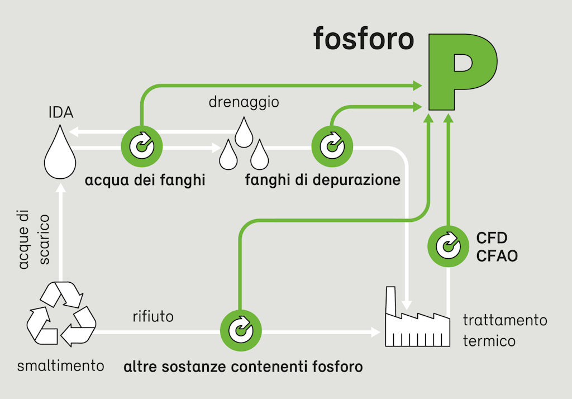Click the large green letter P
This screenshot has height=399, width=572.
(461, 70)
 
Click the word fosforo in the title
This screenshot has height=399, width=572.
(364, 39)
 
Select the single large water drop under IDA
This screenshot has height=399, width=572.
(60, 152)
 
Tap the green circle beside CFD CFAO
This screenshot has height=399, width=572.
(448, 246)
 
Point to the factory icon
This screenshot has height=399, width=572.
(417, 321)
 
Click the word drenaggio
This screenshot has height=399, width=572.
(244, 103)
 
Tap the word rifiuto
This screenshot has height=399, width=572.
(153, 317)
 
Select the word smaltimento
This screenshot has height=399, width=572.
(61, 367)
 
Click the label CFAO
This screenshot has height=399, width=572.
(497, 256)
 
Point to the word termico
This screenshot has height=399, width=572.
(489, 340)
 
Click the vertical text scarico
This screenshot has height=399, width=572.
(45, 239)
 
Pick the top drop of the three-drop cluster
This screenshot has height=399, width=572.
(244, 132)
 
